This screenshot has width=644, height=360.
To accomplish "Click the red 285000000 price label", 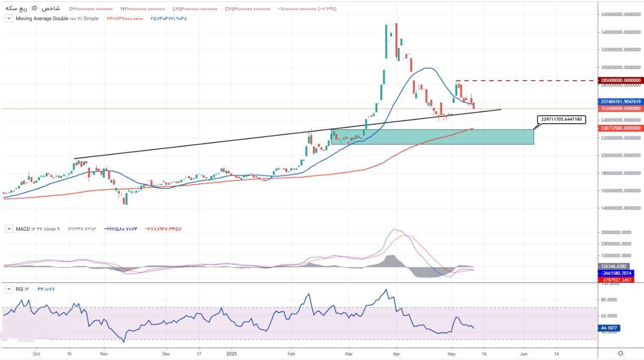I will click(621, 80).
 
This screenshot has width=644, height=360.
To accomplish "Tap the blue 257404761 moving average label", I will click(621, 102).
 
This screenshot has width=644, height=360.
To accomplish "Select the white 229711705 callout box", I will click(561, 119).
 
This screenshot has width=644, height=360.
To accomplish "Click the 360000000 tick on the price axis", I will click(621, 15).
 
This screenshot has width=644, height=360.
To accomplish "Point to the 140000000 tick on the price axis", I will click(621, 208).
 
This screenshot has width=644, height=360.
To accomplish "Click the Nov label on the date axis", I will click(103, 354).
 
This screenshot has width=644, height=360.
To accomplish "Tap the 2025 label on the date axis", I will click(231, 354).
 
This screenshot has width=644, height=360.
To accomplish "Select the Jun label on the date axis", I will click(524, 354).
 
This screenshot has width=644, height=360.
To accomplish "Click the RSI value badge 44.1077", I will click(609, 328).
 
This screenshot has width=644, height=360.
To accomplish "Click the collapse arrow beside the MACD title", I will click(9, 229).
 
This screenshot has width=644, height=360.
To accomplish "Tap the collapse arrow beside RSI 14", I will click(9, 289).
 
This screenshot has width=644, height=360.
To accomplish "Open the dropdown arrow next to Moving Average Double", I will click(9, 18).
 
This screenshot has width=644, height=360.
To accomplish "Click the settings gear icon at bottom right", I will click(620, 354).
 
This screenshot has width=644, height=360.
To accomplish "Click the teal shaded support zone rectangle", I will click(432, 137).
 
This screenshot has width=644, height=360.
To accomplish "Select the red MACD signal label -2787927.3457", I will click(615, 280).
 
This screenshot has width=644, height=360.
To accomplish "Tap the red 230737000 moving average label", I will click(621, 128).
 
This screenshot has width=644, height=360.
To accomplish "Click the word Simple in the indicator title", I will click(91, 18).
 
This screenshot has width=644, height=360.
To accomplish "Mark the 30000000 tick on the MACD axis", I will click(616, 232).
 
